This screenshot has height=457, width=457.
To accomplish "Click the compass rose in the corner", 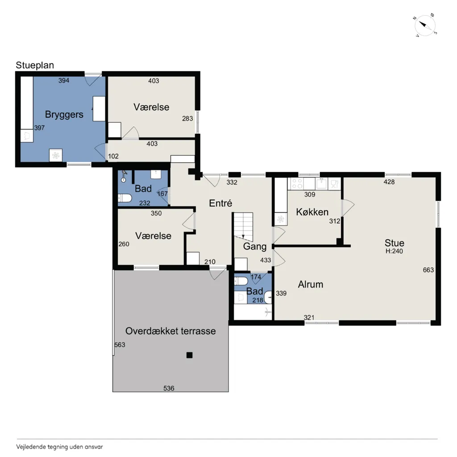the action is pyautogui.click(x=425, y=25).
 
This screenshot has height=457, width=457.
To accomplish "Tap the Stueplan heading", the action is pyautogui.click(x=35, y=65).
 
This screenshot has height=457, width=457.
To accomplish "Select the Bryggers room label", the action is pyautogui.click(x=64, y=115).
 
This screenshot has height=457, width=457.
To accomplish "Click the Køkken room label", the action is pyautogui.click(x=312, y=212).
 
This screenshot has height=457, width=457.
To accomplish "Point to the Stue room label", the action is pyautogui.click(x=395, y=243).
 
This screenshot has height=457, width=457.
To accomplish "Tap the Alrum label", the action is pyautogui.click(x=311, y=284).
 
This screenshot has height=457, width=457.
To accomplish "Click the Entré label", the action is pyautogui.click(x=220, y=203).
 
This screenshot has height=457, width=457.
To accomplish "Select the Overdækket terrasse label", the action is pyautogui.click(x=170, y=331).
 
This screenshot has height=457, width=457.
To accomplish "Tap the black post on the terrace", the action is pyautogui.click(x=189, y=355).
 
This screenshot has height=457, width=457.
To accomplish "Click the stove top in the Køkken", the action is pyautogui.click(x=297, y=184).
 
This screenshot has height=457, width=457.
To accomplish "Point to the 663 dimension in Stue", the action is pyautogui.click(x=428, y=270).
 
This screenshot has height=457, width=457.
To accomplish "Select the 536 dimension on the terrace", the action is pyautogui.click(x=169, y=388).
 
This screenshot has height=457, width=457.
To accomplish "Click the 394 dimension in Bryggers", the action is pyautogui.click(x=64, y=81).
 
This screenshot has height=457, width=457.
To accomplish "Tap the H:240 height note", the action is pyautogui.click(x=394, y=251).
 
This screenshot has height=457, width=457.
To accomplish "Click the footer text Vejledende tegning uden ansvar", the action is pyautogui.click(x=59, y=447).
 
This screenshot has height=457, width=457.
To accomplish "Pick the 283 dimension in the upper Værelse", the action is pyautogui.click(x=187, y=119).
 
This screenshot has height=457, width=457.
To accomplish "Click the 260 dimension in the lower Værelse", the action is pyautogui.click(x=124, y=244).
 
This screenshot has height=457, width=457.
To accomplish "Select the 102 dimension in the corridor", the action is pyautogui.click(x=113, y=156).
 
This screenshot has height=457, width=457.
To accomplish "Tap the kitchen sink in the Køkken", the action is pyautogui.click(x=321, y=184).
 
